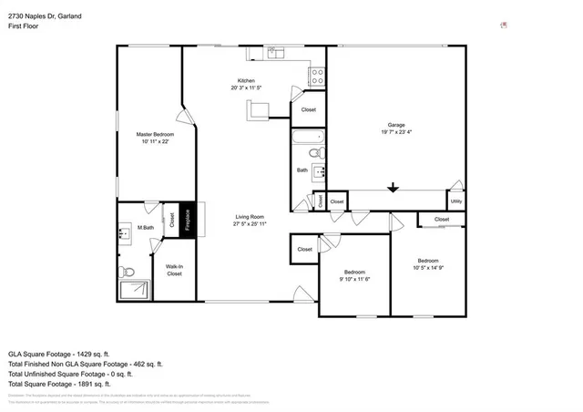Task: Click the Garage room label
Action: [x=395, y=125]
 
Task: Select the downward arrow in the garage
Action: [x=393, y=188]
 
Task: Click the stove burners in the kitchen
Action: [x=318, y=77]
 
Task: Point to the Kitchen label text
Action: [x=246, y=80]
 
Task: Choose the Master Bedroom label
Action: [x=155, y=134]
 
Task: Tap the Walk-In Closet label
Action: [x=173, y=269]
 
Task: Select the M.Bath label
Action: [x=144, y=227]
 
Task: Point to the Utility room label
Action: [x=455, y=201]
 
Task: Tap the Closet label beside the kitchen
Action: [x=309, y=109]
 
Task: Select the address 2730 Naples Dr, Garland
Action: [x=45, y=15]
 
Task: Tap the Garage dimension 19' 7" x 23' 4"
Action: [x=395, y=133]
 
